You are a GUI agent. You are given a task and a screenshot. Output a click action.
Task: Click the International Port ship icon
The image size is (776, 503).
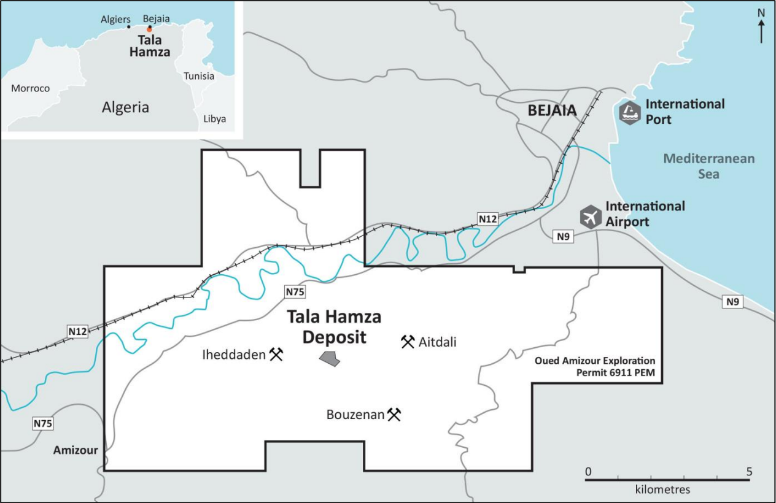point(630,112)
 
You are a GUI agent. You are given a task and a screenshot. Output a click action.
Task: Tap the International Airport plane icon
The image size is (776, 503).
point(591,217)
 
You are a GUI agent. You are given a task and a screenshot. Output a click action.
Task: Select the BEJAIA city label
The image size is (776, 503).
point(553,111)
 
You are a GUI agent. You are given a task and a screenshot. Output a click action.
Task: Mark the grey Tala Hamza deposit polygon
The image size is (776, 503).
point(330,359)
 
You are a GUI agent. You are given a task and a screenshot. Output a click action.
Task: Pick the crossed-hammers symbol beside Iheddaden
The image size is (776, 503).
point(276,354)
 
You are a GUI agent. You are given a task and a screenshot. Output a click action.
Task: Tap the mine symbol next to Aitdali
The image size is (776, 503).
point(408,342)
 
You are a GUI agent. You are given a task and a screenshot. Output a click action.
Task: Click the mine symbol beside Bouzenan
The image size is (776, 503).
point(394,415)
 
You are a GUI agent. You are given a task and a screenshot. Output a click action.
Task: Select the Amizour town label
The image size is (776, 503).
point(76,450)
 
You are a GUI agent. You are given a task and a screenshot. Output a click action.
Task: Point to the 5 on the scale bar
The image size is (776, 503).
point(748,472)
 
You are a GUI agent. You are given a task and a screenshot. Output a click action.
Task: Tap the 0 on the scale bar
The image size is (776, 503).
point(588,472)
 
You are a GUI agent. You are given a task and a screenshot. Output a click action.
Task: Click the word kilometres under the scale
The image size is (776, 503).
point(663,490)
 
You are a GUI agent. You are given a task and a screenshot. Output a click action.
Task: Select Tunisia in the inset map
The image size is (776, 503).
point(199,76)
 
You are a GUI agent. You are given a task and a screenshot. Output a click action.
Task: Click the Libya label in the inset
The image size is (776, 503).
point(214,119)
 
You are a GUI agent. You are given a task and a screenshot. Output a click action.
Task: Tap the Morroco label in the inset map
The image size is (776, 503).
point(30,88)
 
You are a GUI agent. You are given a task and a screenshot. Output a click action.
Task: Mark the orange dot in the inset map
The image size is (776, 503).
point(149,29)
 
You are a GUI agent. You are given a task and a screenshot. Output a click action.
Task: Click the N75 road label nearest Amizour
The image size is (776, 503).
point(43,423)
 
